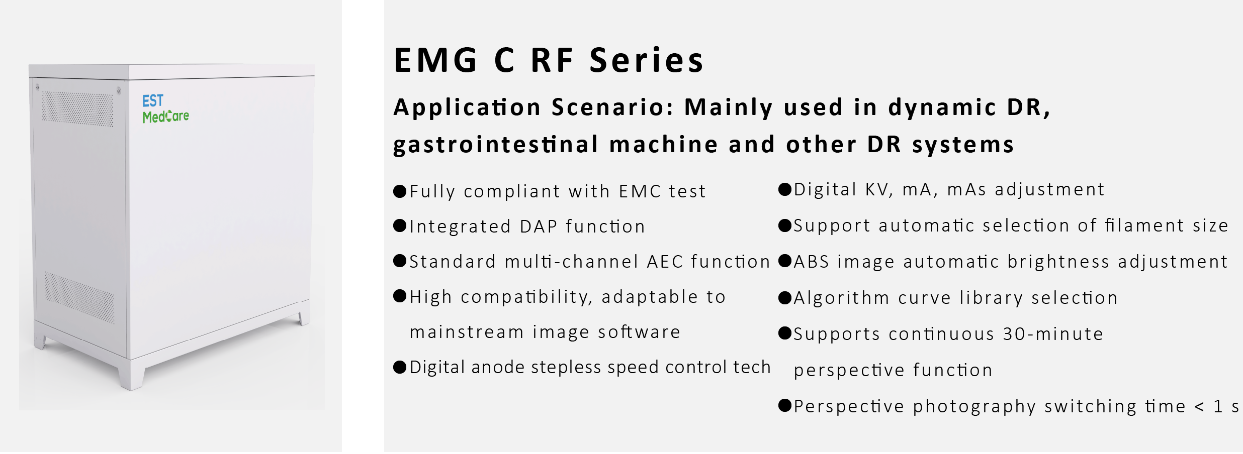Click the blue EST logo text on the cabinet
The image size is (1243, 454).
coord(153,101)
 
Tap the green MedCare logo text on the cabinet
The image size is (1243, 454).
coord(166,117)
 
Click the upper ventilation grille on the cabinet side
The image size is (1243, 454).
coord(77,109)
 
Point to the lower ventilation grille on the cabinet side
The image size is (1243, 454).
coord(79,298)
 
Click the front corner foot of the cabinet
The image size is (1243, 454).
coord(132,374)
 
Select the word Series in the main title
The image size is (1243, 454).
coord(646,60)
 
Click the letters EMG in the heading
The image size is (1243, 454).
coord(435,60)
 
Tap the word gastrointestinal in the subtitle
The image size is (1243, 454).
coord(496,145)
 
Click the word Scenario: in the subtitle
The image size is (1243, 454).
coord(613,107)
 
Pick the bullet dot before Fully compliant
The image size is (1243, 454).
coord(400,191)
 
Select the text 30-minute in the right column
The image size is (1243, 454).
coord(1053,334)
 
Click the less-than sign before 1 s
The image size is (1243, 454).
coord(1200,407)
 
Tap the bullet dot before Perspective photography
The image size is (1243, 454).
coord(785,405)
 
